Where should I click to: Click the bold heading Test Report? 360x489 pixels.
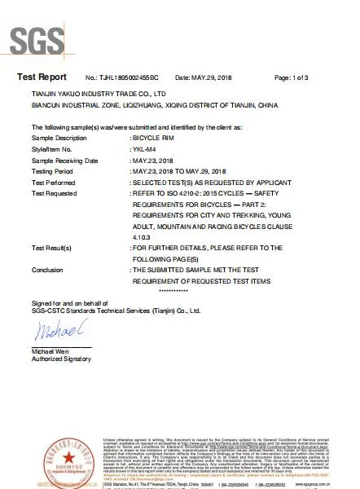(x=41, y=77)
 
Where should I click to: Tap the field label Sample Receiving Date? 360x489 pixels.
(x=67, y=161)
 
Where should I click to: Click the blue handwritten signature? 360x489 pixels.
(x=56, y=333)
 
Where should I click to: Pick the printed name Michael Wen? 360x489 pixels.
(x=51, y=350)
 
